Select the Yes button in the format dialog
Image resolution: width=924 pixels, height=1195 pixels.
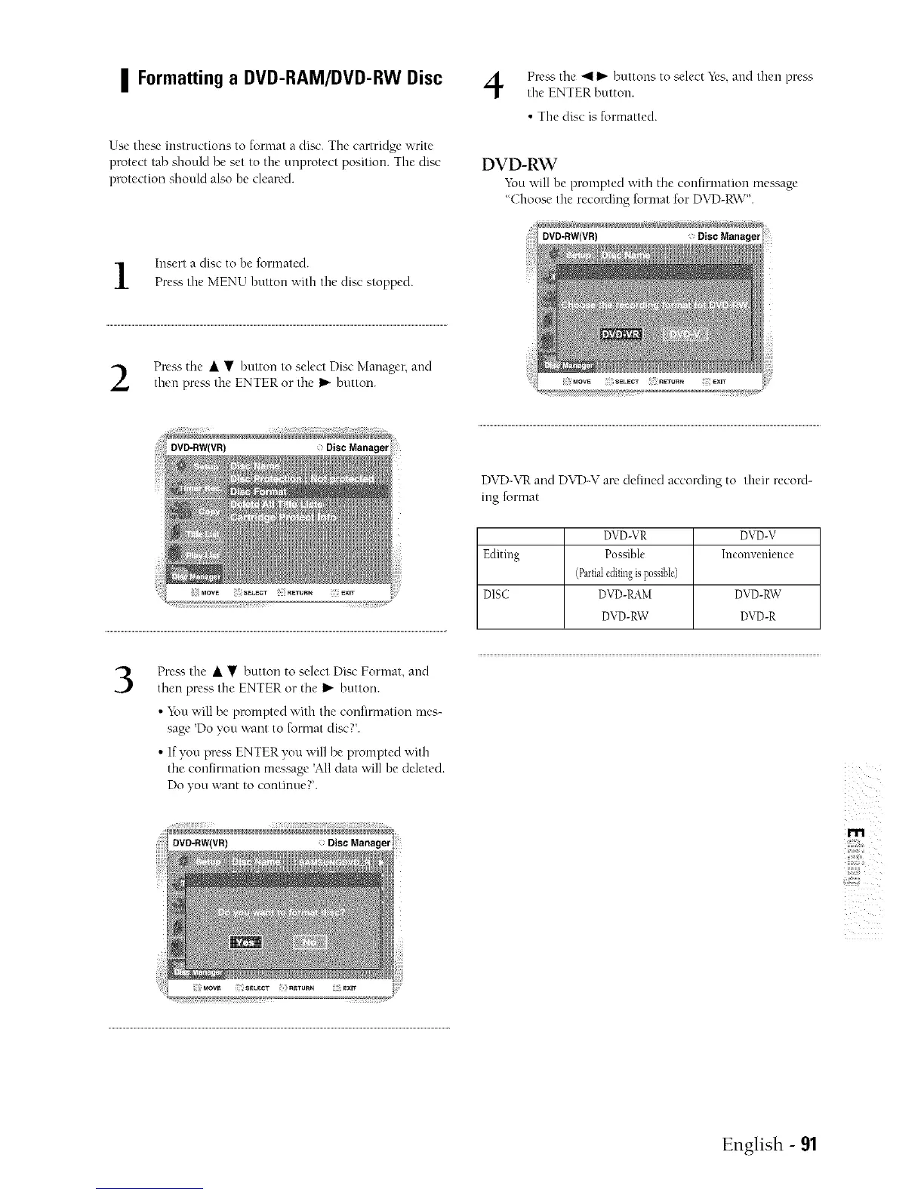(x=245, y=943)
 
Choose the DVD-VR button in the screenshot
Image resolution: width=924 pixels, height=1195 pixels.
(x=620, y=334)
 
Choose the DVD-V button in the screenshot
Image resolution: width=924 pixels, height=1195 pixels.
(x=690, y=334)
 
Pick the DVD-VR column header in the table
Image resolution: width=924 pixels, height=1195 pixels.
(x=628, y=536)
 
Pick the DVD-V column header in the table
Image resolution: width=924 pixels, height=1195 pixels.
(x=757, y=536)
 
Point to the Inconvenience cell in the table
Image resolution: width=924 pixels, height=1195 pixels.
(x=757, y=554)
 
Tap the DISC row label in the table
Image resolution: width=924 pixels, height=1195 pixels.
(x=496, y=594)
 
